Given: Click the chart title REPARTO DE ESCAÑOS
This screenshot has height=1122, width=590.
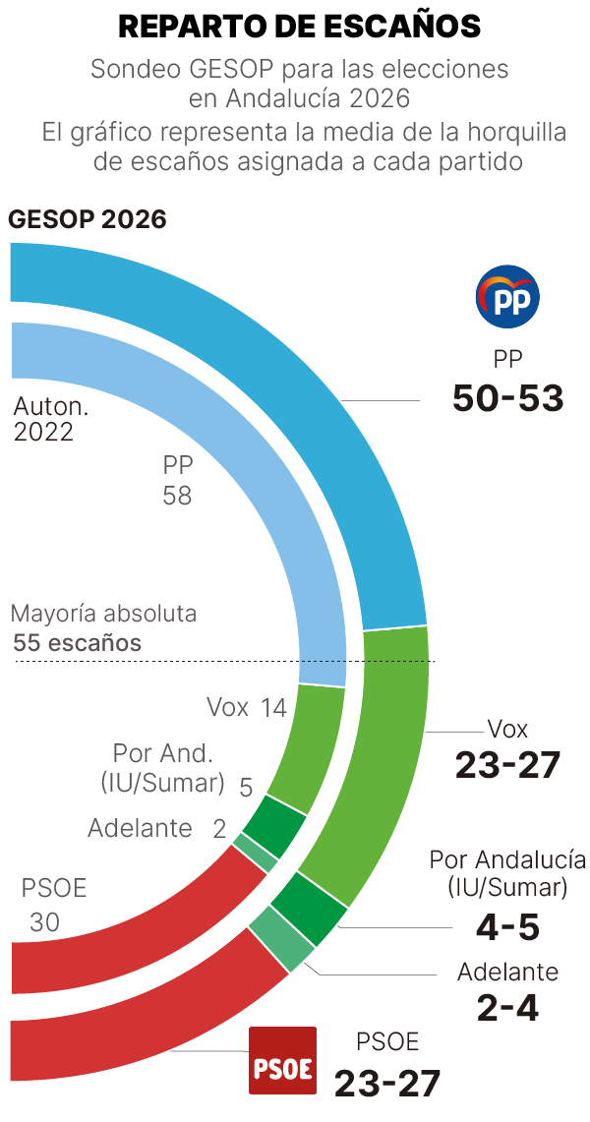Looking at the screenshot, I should (x=299, y=27).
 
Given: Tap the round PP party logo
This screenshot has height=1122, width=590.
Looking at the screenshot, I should (x=507, y=296).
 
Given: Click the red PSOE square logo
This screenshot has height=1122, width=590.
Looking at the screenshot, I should (x=282, y=1061).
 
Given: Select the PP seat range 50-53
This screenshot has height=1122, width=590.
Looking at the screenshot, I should (x=507, y=398).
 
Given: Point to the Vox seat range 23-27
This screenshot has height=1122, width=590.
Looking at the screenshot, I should (x=507, y=764).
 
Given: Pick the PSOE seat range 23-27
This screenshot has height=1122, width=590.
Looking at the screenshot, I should (x=386, y=1083).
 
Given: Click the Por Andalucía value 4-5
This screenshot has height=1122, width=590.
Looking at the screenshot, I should (x=507, y=925).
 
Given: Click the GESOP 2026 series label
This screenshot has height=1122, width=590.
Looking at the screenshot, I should (x=88, y=218).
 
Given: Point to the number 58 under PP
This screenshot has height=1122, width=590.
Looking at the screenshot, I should (x=177, y=496).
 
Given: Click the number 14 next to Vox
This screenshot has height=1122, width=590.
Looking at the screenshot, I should (x=273, y=707).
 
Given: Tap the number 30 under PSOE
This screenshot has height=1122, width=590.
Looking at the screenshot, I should (x=44, y=922).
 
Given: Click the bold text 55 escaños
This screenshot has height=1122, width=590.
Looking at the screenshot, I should (x=78, y=644).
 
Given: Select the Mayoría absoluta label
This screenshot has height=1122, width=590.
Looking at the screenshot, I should (x=103, y=615).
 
